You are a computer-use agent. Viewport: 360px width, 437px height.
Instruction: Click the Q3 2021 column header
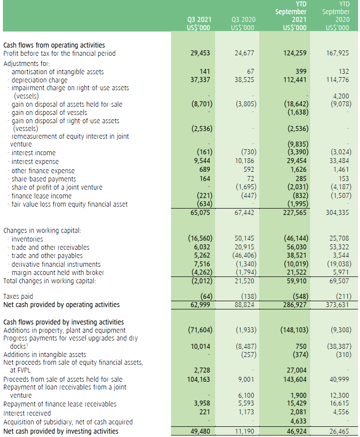[198, 24]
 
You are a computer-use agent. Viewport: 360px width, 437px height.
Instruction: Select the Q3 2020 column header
[243, 24]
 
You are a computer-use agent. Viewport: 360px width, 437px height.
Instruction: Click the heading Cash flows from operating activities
[54, 45]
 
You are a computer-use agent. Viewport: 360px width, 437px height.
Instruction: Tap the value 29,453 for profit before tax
[199, 53]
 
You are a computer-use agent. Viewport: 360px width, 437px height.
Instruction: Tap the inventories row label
[27, 239]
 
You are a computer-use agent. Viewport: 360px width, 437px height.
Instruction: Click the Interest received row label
[27, 413]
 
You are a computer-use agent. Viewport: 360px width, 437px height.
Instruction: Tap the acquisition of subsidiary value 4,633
[299, 422]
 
